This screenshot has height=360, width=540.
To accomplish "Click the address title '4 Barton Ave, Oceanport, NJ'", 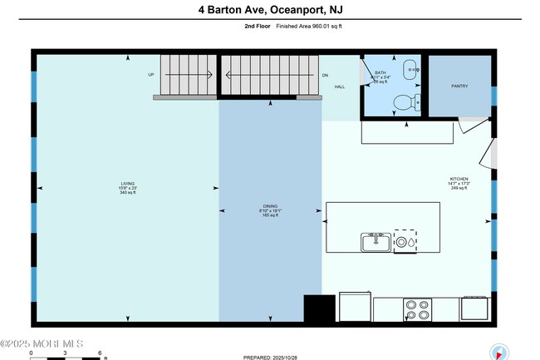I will point(270,10).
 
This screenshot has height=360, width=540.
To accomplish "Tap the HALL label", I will point(339,86).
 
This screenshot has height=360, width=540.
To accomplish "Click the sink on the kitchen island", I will point(376,242).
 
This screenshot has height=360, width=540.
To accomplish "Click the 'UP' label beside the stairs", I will point(151,75).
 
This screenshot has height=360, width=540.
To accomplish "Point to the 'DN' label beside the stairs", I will point(326,75).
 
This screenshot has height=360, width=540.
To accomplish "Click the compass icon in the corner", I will point(499,351).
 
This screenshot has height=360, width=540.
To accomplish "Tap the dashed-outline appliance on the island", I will point(405,241).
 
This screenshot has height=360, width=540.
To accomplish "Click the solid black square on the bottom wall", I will point(319,309).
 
